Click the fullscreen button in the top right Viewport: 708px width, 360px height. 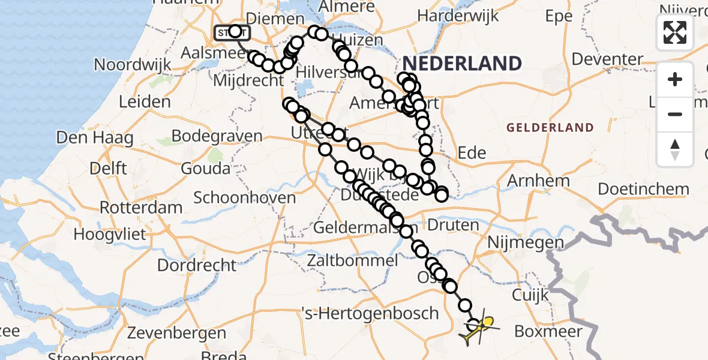675,32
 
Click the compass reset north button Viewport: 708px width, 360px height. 675,149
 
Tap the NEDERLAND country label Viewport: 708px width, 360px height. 461,63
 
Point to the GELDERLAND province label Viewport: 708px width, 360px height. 550,127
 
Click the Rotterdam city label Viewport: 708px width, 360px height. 141,208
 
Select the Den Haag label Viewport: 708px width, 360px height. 94,138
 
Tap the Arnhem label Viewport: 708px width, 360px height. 538,181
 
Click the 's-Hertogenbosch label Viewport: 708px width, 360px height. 370,313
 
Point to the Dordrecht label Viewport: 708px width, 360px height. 197,265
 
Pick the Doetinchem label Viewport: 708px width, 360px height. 644,189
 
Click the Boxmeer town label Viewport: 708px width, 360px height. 549,331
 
